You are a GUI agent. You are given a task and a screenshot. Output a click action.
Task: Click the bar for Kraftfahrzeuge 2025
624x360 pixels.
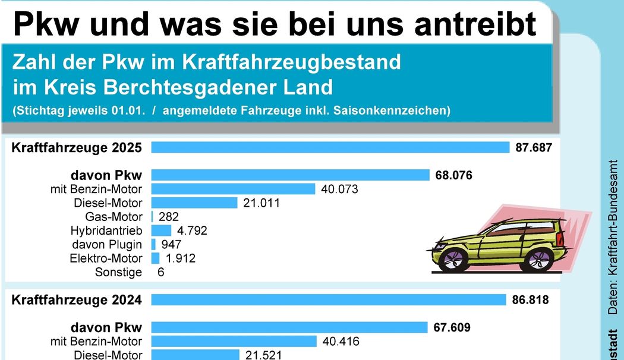[330, 147]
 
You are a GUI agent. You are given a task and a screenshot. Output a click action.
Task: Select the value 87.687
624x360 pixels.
[534, 147]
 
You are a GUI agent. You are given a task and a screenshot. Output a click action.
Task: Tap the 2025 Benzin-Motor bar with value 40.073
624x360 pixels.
[233, 189]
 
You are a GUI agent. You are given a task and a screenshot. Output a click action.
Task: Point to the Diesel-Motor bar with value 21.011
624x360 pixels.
[194, 203]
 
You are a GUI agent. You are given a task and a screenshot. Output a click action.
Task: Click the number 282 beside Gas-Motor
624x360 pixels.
[169, 217]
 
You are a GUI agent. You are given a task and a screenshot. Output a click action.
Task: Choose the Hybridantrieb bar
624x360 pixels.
[161, 230]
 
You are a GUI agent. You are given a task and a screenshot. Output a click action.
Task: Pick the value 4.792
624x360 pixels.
[193, 230]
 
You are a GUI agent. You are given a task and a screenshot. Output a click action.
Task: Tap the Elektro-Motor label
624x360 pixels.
[106, 258]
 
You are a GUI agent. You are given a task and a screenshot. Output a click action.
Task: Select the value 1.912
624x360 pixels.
[181, 258]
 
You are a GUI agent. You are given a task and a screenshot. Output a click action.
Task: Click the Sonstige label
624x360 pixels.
[118, 272]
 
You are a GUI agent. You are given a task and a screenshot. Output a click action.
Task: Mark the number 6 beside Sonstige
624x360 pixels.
[160, 272]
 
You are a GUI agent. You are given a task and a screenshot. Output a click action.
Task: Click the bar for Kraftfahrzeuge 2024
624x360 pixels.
[329, 300]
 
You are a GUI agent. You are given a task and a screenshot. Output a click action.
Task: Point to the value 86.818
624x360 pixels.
[530, 300]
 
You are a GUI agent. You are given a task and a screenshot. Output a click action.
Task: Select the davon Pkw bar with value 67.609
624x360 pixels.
[289, 327]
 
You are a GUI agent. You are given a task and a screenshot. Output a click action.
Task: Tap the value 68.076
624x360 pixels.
[454, 175]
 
